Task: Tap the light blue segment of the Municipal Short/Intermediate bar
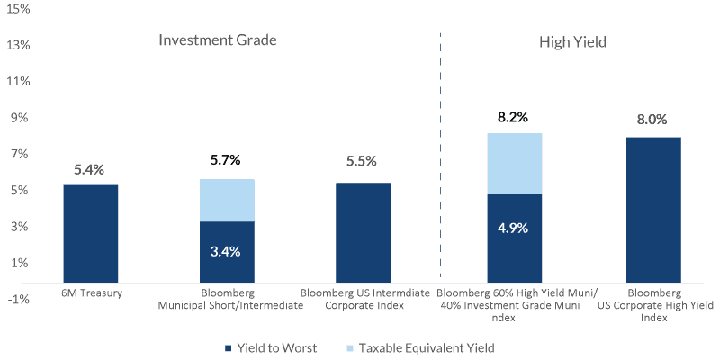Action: (227, 200)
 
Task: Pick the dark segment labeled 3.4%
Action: (227, 251)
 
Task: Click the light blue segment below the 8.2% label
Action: (514, 164)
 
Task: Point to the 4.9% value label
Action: (514, 228)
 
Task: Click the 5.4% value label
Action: (90, 168)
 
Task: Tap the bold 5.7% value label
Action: (227, 161)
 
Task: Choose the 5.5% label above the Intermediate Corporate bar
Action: (363, 163)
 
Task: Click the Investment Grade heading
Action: (217, 41)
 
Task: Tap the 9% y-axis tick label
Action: (21, 118)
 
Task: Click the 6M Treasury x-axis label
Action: (90, 294)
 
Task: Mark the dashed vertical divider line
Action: (441, 153)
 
